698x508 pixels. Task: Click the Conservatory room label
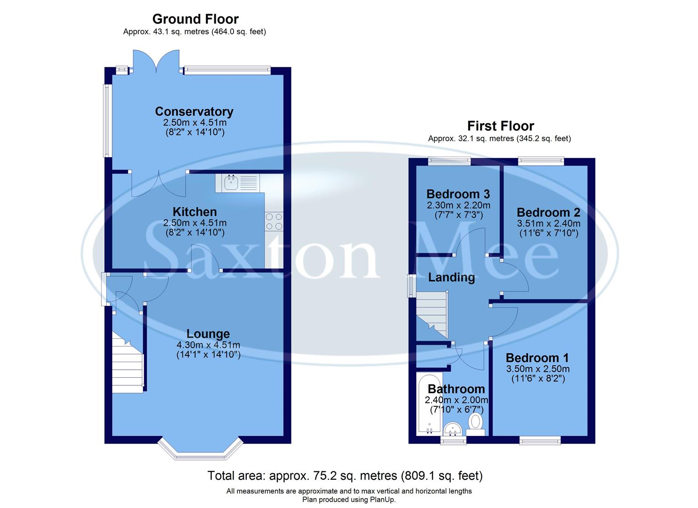(194, 111)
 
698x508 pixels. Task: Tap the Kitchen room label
(195, 212)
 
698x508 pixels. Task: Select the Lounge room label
(208, 334)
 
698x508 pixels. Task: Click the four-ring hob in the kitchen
(274, 222)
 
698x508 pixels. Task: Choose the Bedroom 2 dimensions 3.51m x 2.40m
(549, 223)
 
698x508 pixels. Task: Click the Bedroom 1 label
(537, 358)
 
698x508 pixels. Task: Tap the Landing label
(451, 278)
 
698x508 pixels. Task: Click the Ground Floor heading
(195, 19)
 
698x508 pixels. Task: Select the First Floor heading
(500, 126)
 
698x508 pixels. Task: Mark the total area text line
(345, 476)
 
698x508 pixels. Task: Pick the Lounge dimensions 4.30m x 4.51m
(208, 345)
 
